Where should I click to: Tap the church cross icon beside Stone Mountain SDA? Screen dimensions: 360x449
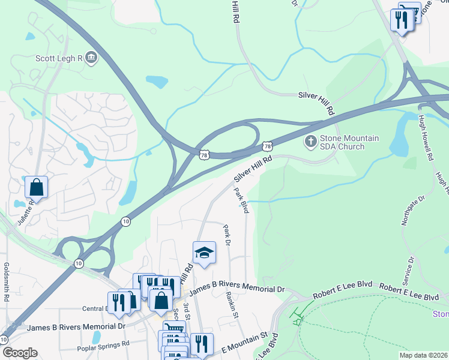[x=310, y=142]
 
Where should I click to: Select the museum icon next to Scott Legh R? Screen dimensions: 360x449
[x=91, y=58]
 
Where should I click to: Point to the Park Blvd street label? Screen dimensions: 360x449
[x=241, y=200]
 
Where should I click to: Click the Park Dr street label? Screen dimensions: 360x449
[x=227, y=235]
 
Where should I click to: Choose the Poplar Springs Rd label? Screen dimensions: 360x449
[x=103, y=346]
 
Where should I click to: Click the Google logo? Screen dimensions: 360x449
[x=19, y=353]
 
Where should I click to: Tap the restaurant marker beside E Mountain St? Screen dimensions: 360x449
[x=202, y=344]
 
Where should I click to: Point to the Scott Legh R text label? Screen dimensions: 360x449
[x=59, y=58]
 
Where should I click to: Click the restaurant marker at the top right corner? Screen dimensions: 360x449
[x=400, y=20]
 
